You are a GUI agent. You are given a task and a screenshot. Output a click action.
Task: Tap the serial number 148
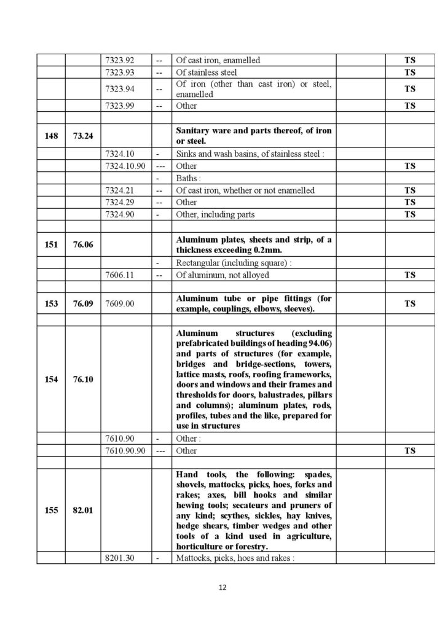pos(51,136)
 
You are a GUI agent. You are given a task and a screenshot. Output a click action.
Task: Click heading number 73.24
pos(83,136)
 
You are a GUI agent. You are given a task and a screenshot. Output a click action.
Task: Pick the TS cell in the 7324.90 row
pos(409,214)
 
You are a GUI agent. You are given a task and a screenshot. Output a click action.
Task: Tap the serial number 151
pos(51,244)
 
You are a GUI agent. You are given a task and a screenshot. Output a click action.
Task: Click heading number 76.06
pos(83,244)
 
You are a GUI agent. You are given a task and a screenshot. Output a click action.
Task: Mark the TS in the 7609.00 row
pos(409,303)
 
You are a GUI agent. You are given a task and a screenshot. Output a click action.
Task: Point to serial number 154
pos(51,379)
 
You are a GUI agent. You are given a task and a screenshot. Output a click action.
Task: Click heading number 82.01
pos(83,510)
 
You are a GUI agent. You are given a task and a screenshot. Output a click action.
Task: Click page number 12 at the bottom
pos(222,588)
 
